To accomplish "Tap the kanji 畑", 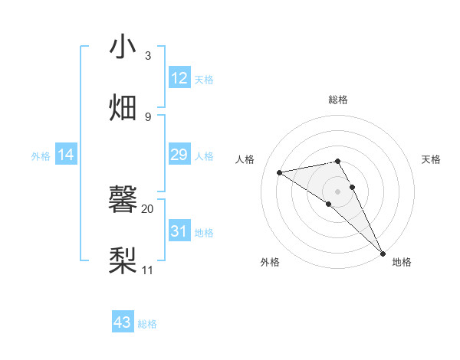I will [123, 106].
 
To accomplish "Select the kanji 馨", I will [123, 199].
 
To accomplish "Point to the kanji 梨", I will [123, 260].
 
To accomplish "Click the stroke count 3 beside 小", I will [148, 56].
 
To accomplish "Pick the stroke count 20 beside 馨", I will [148, 208].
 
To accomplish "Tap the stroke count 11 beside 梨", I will [148, 270].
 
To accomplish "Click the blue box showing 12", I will [179, 78].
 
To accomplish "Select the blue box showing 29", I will [179, 155].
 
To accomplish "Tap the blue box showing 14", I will [66, 155].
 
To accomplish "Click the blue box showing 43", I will [123, 322].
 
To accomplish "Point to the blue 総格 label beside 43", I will [147, 324].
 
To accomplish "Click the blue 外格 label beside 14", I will [41, 156].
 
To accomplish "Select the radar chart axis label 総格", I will [337, 100].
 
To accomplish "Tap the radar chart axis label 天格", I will [432, 159].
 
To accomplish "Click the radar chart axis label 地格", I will [402, 263].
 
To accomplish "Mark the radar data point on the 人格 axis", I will [280, 172].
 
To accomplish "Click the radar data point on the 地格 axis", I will [383, 253].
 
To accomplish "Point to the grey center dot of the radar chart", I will [337, 191].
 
